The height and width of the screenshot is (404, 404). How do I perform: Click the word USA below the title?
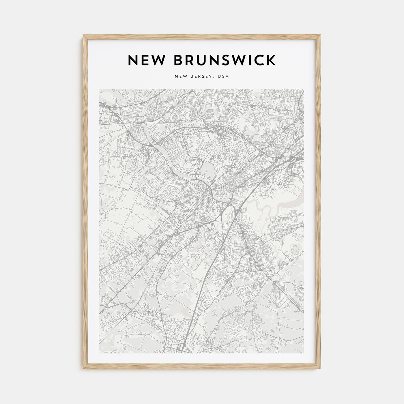(x=223, y=76)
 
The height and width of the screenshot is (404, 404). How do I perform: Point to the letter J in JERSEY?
(x=191, y=76)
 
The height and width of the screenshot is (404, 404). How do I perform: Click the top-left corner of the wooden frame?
(x=83, y=35)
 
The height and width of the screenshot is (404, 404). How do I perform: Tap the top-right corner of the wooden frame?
(x=321, y=35)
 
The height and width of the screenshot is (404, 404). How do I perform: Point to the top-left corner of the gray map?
(x=99, y=89)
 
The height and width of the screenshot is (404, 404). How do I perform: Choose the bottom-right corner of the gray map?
(x=304, y=353)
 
